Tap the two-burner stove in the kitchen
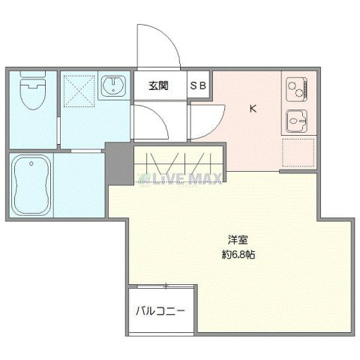[296, 88]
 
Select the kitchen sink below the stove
[296, 118]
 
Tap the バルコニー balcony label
[160, 310]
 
